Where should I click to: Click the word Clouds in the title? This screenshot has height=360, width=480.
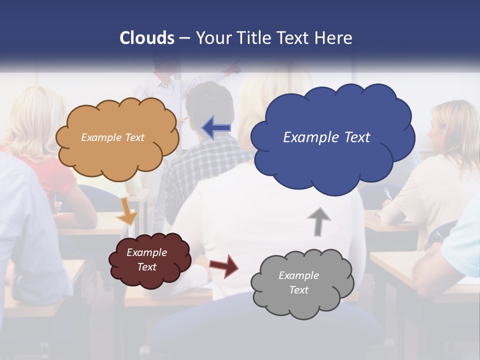pos(147,38)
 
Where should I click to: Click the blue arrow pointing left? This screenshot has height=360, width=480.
pos(216,127)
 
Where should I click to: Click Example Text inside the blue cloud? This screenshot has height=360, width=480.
pos(326,137)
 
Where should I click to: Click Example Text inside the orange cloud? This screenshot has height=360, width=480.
pos(112,137)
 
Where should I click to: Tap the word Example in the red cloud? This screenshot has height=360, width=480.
pos(146,252)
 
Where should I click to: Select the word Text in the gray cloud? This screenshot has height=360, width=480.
pos(298,290)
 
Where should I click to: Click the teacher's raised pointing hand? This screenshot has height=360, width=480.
pos(234,68)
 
